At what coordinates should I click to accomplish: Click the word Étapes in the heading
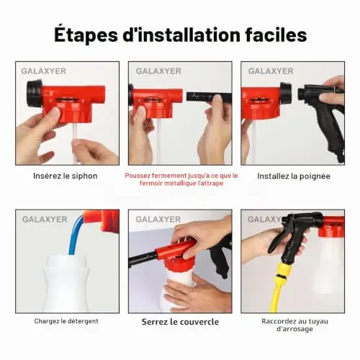(x=86, y=35)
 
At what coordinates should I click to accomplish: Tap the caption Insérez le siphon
(x=66, y=176)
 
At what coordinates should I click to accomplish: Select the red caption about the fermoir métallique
(x=181, y=179)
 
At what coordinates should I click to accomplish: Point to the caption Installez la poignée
(x=294, y=176)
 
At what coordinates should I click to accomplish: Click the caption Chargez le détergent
(x=66, y=321)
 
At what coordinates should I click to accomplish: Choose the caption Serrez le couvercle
(x=180, y=322)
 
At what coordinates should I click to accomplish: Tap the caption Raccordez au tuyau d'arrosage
(x=294, y=325)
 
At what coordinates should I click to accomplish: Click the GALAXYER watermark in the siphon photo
(x=43, y=71)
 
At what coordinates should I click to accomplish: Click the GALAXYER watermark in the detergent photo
(x=45, y=220)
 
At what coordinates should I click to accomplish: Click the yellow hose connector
(x=282, y=273)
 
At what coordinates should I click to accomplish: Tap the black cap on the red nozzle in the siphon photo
(x=35, y=94)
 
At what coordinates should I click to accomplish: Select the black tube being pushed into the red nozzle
(x=209, y=96)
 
